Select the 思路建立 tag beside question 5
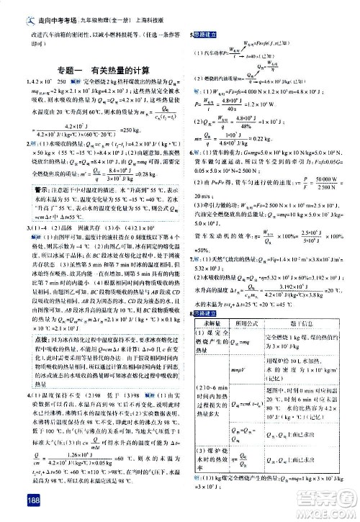[207, 34]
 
